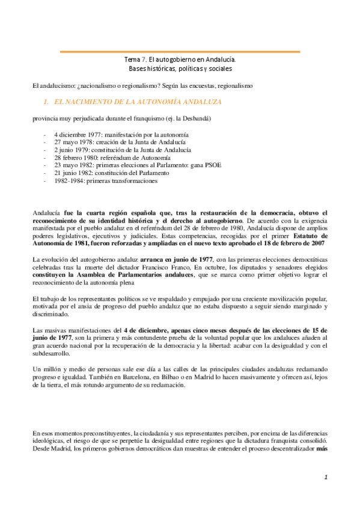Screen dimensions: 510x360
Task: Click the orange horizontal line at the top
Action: (180, 52)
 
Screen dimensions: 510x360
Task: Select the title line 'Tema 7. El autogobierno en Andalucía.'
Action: (180, 60)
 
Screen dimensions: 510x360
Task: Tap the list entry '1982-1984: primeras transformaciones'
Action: (106, 180)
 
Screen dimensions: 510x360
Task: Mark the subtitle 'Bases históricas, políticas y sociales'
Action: (180, 70)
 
